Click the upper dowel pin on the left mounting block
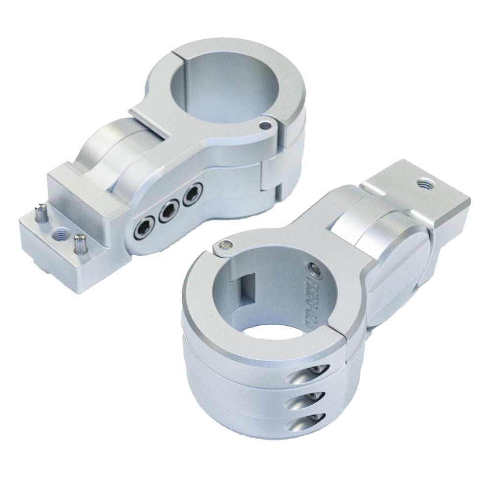[x=40, y=212]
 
